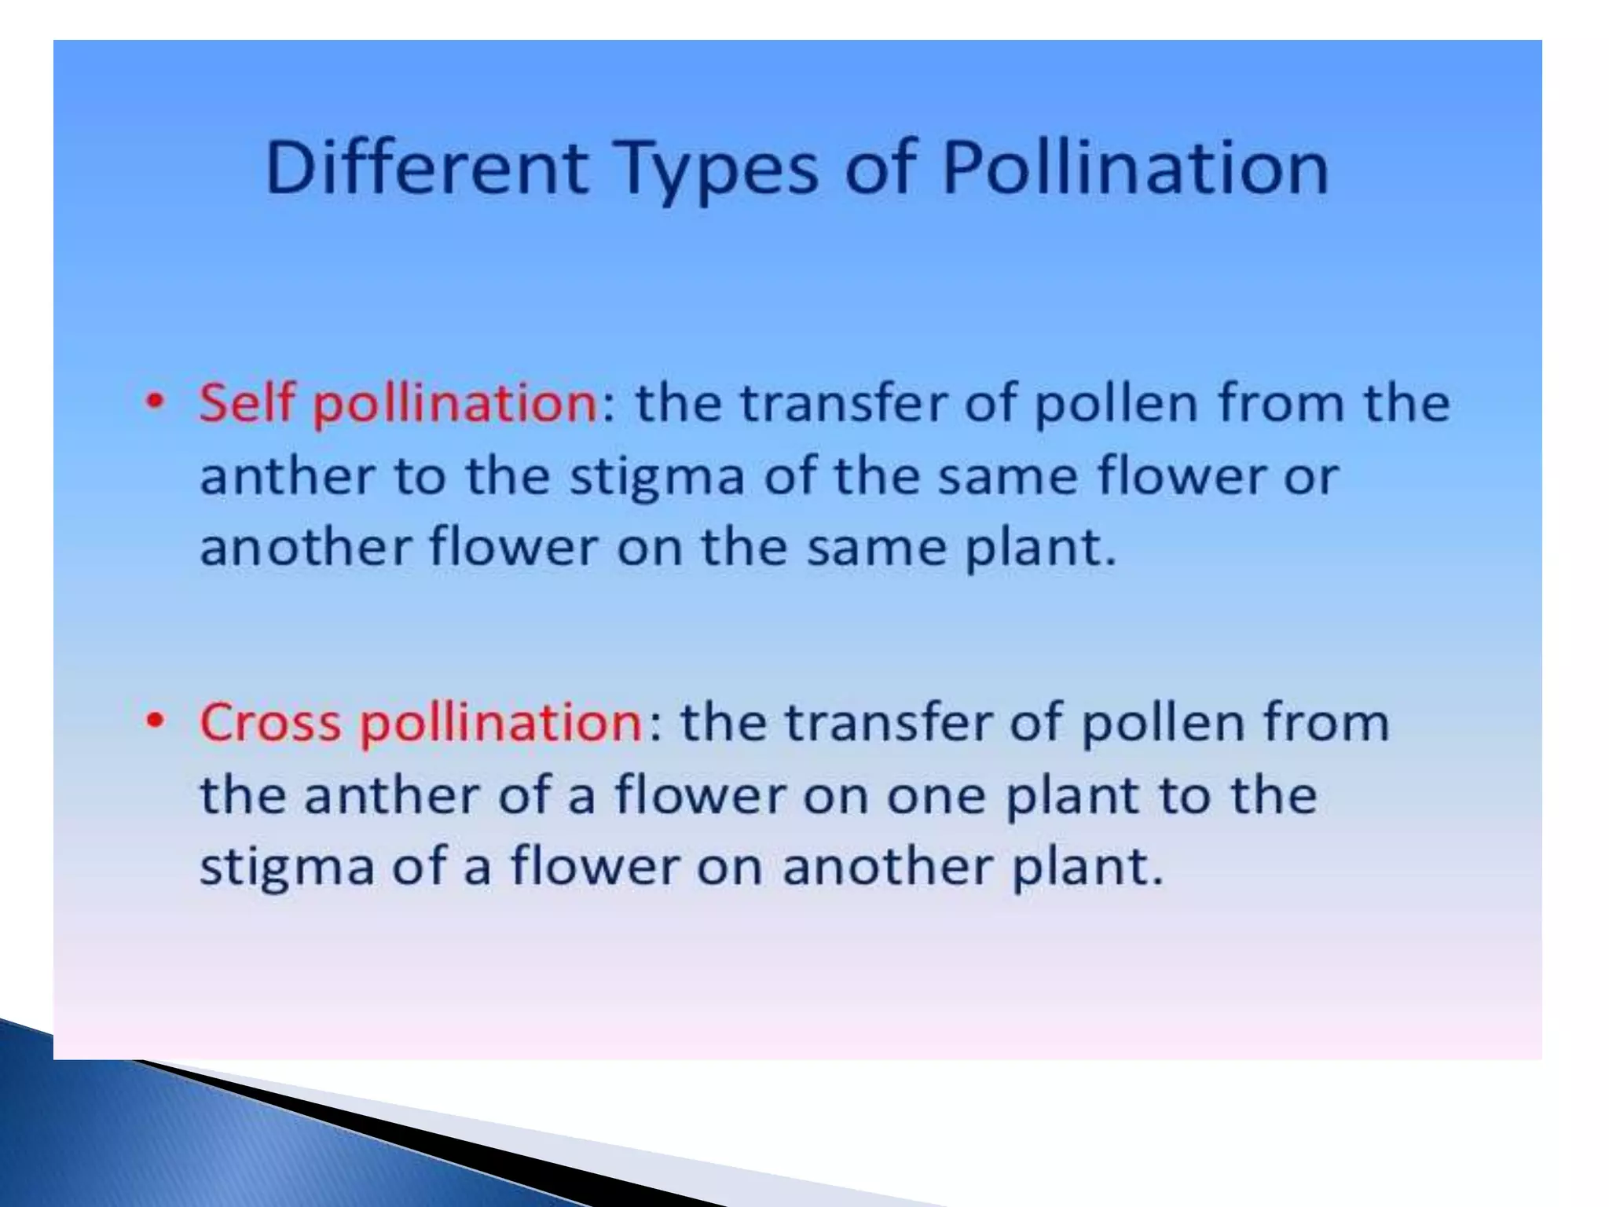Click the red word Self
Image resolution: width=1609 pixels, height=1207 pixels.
click(248, 402)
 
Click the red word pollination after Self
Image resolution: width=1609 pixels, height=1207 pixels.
click(455, 404)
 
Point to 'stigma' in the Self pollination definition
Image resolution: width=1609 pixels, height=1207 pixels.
click(656, 477)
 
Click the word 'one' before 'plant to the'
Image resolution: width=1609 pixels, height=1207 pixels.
click(936, 796)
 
